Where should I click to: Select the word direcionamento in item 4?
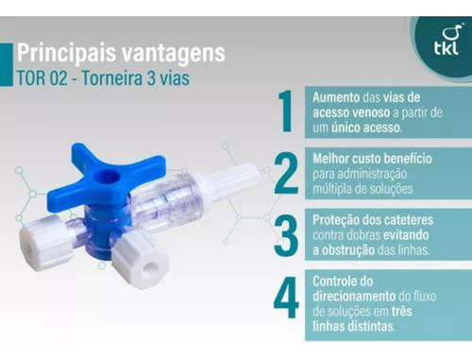pos(356,296)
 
